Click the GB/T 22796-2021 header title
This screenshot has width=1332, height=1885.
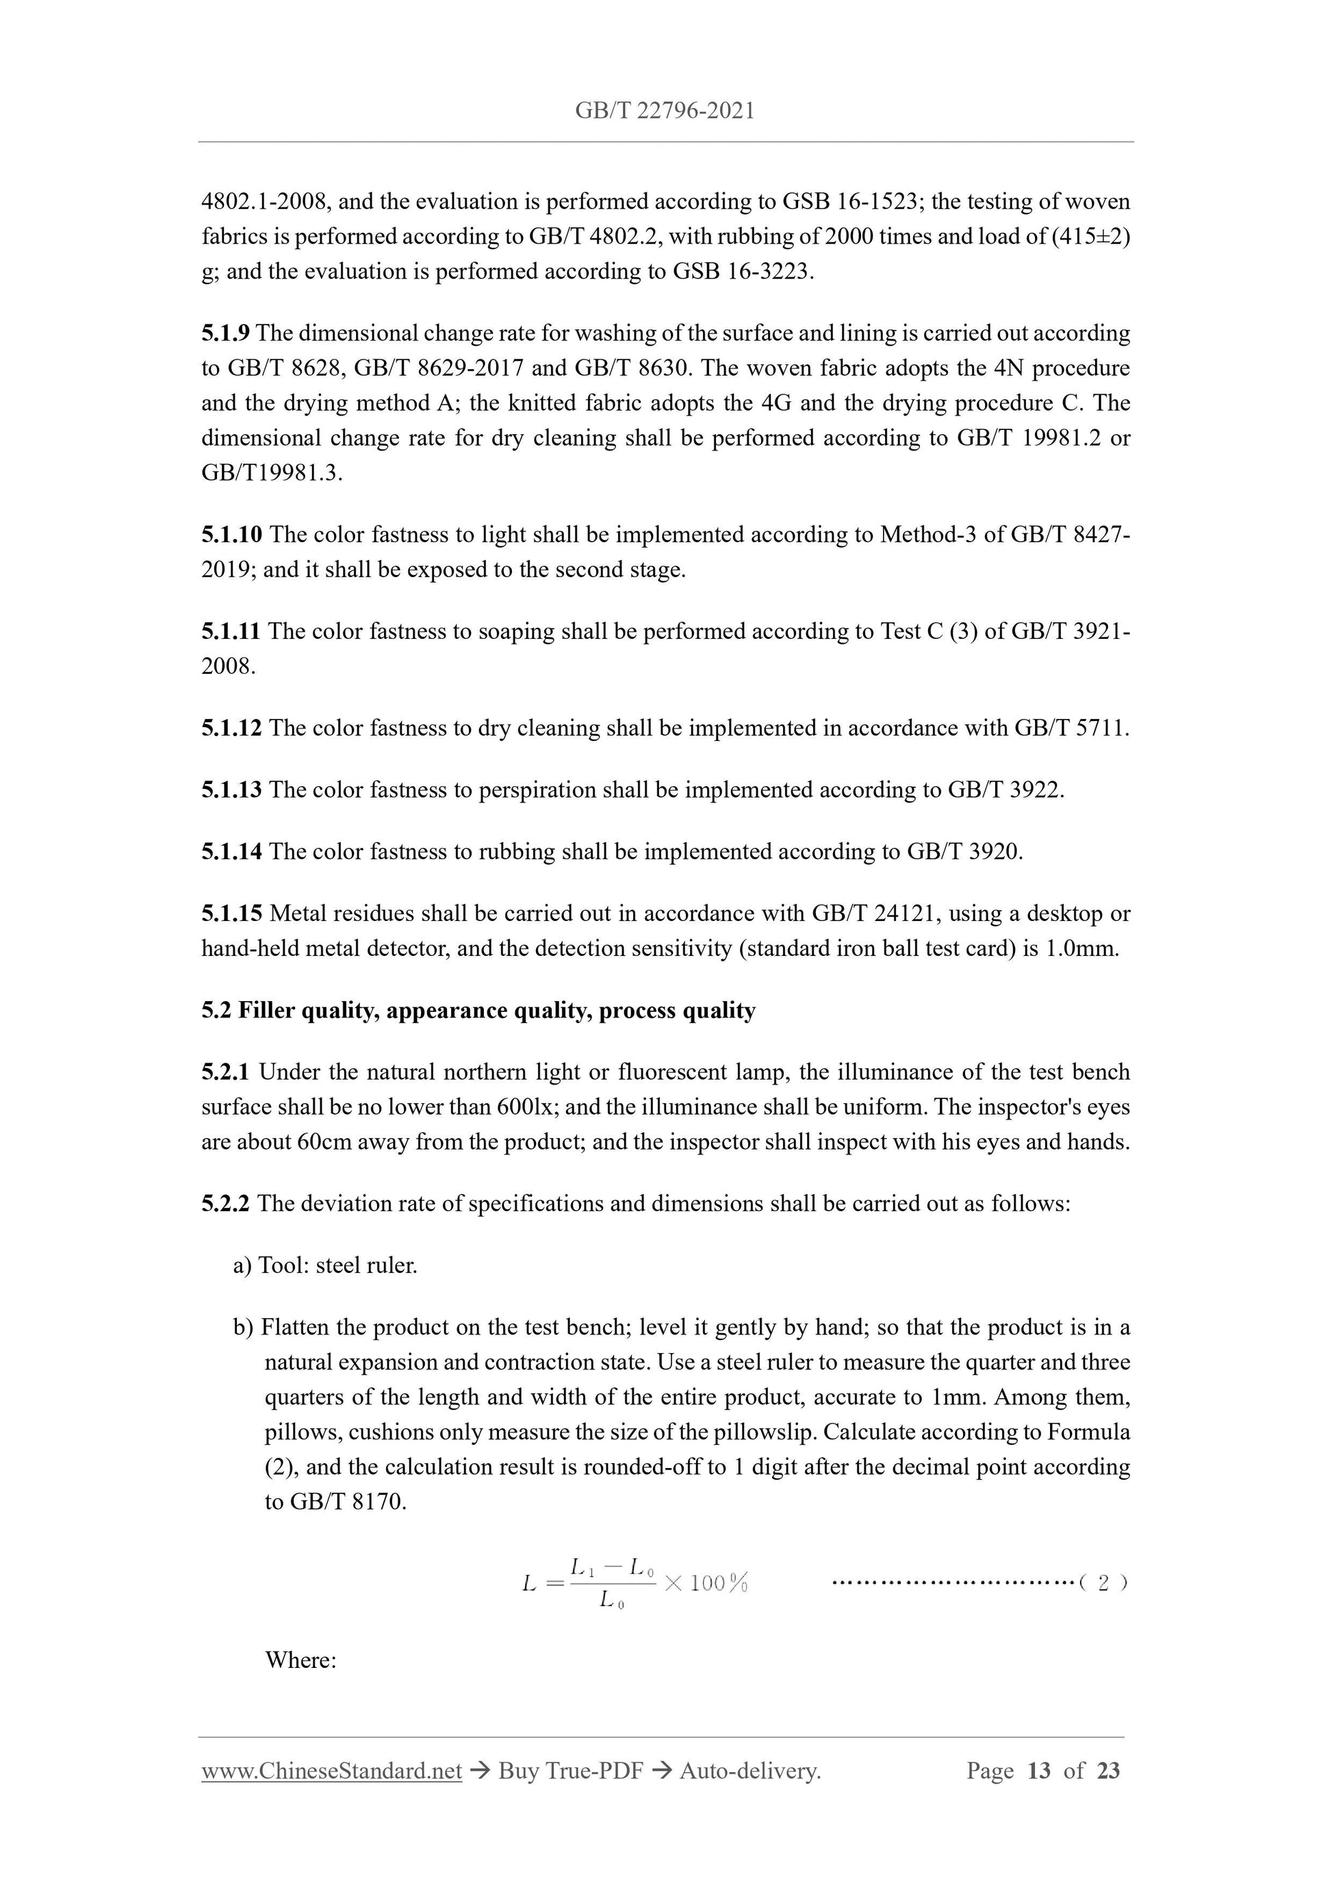(665, 111)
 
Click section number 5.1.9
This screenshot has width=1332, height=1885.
(225, 333)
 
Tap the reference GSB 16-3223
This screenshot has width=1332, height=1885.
(743, 272)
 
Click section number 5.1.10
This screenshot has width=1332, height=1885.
(231, 535)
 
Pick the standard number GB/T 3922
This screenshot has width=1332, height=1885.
(1005, 789)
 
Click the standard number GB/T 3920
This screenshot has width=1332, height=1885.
(964, 851)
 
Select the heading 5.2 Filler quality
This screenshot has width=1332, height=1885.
(478, 1010)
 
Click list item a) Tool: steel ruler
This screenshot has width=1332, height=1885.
(325, 1265)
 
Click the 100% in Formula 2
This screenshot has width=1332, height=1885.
(717, 1583)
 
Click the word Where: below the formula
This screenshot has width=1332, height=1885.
(300, 1660)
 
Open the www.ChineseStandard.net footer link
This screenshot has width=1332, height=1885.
(331, 1771)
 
